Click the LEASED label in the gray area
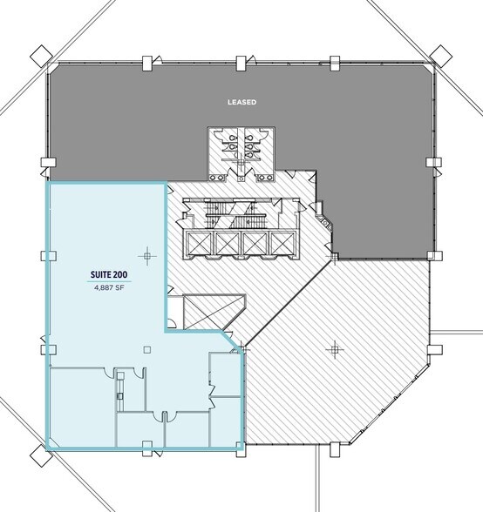(x=241, y=101)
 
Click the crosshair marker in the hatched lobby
(x=332, y=350)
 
